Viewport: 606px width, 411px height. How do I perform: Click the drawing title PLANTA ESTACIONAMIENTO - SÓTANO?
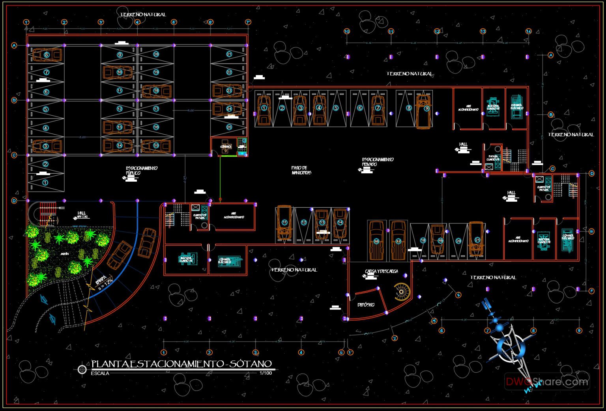coord(181,364)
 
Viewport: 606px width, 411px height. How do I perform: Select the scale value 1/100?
coord(266,373)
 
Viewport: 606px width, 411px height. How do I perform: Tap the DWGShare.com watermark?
coord(547,382)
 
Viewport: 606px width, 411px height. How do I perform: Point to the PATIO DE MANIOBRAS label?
coord(301,170)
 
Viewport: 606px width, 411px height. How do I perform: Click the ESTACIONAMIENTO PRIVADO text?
coord(377,162)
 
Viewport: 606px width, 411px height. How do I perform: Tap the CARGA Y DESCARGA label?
coord(381,272)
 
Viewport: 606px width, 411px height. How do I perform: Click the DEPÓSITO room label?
coord(365,305)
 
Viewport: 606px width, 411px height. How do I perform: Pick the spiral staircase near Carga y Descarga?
coord(402,292)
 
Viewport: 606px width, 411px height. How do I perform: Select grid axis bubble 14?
coord(528,31)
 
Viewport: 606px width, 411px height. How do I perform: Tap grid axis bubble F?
coord(591,291)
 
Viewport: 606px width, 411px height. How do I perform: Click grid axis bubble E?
coord(591,232)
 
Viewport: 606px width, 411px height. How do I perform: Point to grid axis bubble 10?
coord(346,31)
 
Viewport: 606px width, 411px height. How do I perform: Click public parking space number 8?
coord(47,55)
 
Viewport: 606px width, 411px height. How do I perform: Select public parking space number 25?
coord(229,127)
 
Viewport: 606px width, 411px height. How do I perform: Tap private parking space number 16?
coord(376,241)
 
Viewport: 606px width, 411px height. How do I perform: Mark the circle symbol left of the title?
coord(82,370)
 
